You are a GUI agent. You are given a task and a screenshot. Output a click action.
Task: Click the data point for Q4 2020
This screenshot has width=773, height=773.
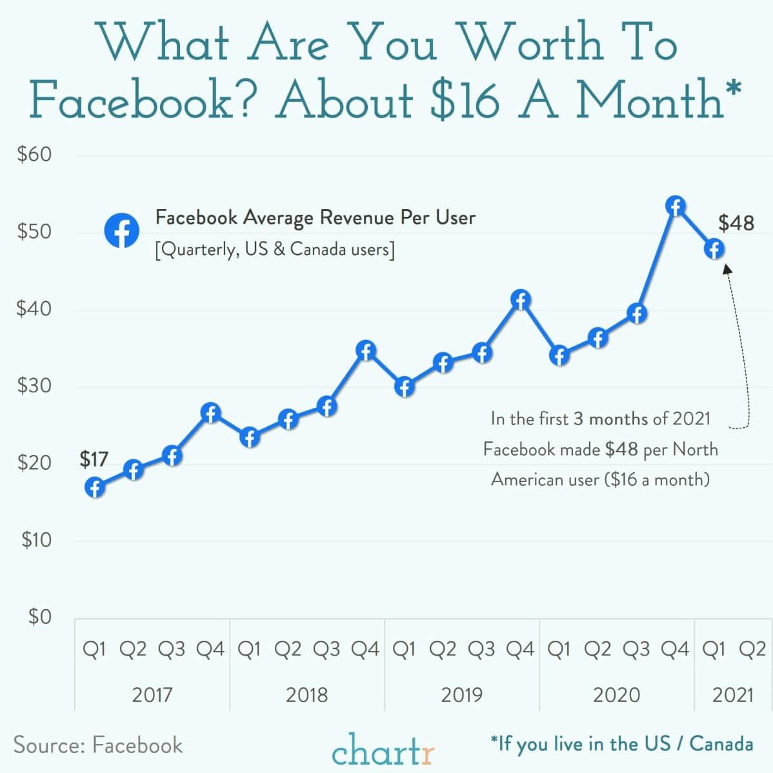click(x=675, y=206)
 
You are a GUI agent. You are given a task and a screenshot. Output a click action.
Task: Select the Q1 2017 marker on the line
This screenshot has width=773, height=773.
click(x=95, y=487)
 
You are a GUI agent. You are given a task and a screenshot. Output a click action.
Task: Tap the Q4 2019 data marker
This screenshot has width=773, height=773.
click(x=520, y=300)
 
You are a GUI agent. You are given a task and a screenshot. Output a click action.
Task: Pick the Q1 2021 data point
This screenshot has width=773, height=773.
click(x=714, y=248)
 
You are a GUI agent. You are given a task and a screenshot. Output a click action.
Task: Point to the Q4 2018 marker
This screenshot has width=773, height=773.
click(x=366, y=351)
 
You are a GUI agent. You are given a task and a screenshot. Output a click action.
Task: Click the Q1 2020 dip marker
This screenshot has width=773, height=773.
click(x=559, y=355)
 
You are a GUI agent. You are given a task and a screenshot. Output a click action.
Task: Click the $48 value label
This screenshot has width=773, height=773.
click(x=736, y=223)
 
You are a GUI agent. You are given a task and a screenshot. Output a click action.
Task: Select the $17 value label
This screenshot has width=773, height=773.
click(x=94, y=459)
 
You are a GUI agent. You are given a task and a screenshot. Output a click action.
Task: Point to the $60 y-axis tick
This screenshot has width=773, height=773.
click(x=34, y=155)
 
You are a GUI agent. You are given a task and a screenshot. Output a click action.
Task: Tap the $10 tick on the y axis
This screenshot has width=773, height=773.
click(x=35, y=540)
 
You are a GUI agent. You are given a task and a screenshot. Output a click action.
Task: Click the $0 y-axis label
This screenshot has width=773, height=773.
click(x=39, y=617)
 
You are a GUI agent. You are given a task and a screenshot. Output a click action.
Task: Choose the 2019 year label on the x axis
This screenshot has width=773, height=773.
click(x=461, y=695)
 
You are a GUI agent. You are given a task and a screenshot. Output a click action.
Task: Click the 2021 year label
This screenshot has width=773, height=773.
click(x=732, y=695)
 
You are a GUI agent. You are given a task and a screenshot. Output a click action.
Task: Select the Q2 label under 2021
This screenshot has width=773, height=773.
click(x=752, y=648)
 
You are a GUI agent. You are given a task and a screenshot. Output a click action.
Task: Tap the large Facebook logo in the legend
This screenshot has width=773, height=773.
click(x=121, y=230)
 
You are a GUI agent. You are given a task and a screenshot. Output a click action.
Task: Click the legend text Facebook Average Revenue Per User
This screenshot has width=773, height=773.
click(x=315, y=217)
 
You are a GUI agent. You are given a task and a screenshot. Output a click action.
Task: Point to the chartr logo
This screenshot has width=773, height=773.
click(x=383, y=748)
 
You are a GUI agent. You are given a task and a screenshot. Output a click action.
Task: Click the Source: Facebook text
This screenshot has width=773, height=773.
click(x=98, y=745)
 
